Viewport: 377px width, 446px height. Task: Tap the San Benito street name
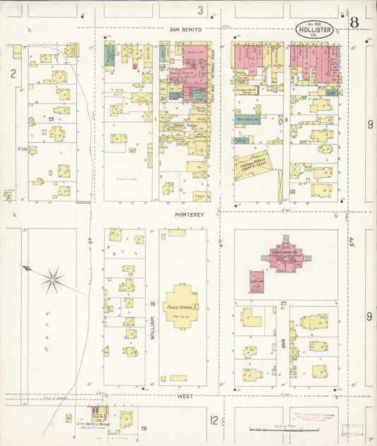coord(186,30)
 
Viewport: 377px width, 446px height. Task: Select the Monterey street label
coord(190,214)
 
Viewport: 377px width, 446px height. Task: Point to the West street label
coord(186,397)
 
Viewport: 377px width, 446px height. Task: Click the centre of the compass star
coord(53,280)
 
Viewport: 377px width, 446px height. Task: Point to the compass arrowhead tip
coord(23,267)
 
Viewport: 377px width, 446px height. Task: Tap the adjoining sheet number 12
coord(214,421)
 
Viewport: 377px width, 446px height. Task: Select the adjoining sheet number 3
coord(200,10)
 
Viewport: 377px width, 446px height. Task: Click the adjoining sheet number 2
coord(12,73)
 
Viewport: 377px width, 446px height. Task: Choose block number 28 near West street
coord(145,428)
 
